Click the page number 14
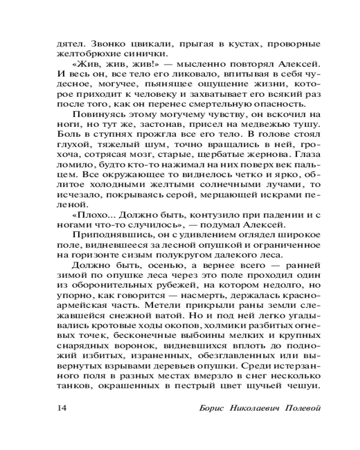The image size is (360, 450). pos(62,408)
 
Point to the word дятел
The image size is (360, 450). pos(69,45)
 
